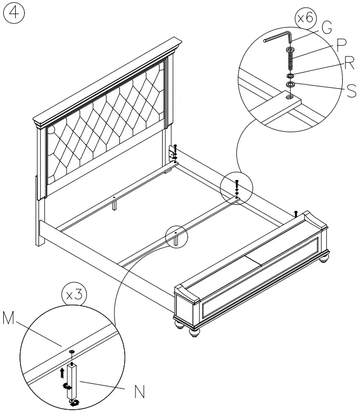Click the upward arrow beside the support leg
[x=62, y=371]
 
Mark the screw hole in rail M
[x=72, y=352]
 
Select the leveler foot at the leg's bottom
[x=73, y=401]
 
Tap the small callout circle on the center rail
[x=176, y=236]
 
